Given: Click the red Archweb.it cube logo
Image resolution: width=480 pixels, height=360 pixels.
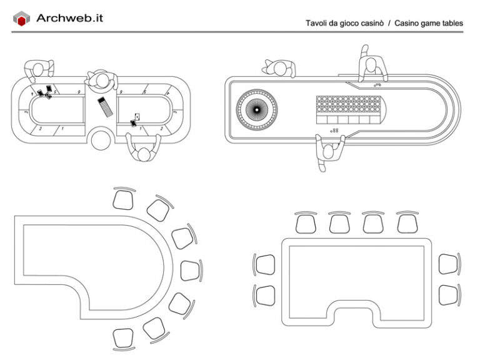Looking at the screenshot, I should pyautogui.click(x=22, y=19).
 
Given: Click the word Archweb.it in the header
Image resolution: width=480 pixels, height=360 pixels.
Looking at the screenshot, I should pyautogui.click(x=69, y=18).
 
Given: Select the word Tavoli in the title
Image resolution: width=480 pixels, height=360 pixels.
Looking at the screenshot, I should pyautogui.click(x=317, y=24).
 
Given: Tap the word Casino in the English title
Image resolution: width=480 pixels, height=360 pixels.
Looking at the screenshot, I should pyautogui.click(x=409, y=24).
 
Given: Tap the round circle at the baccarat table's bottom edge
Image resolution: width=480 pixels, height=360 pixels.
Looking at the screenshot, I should pyautogui.click(x=101, y=139).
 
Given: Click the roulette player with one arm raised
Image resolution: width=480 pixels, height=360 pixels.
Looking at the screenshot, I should pyautogui.click(x=371, y=65).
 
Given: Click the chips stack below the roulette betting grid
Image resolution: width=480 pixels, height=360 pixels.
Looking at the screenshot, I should pyautogui.click(x=336, y=130).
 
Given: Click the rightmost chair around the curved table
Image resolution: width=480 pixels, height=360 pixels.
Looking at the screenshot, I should pyautogui.click(x=190, y=270).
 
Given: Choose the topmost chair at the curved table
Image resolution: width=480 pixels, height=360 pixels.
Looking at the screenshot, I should pyautogui.click(x=123, y=199).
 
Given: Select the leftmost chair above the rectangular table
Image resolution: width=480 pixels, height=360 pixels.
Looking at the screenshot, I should pyautogui.click(x=306, y=223).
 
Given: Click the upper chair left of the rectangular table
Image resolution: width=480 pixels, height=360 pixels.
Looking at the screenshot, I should pyautogui.click(x=265, y=264).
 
